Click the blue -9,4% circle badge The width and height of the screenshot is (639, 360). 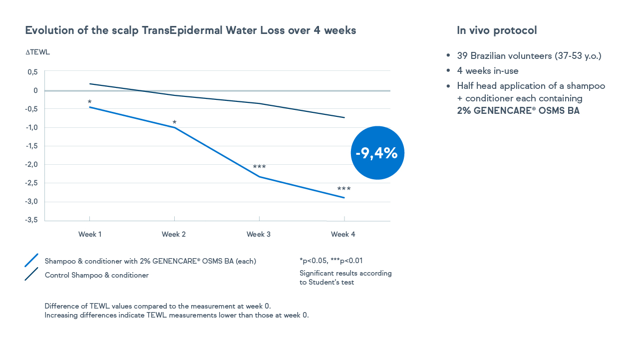(377, 153)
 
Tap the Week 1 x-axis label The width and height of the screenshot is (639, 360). (90, 234)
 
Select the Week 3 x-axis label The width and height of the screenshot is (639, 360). (259, 234)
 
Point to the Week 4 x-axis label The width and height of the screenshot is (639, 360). (343, 234)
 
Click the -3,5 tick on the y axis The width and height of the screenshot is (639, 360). (32, 220)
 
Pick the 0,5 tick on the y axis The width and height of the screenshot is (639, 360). (33, 72)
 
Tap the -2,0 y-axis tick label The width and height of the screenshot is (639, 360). (32, 164)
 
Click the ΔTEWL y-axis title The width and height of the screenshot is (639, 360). (37, 52)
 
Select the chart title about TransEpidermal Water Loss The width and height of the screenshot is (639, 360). (191, 30)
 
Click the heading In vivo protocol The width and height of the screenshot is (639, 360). (497, 30)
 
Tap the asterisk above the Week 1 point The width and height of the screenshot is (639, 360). (89, 102)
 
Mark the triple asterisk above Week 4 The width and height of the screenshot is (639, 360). (344, 189)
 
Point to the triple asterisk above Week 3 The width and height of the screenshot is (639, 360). (259, 167)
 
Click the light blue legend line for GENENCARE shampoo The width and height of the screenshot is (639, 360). (31, 260)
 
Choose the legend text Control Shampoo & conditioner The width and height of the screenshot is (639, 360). (97, 275)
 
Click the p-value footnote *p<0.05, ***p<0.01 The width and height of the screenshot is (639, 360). (331, 261)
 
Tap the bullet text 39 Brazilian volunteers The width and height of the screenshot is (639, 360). (529, 55)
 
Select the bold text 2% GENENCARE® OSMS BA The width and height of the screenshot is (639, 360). (518, 111)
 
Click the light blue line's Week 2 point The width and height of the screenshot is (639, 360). (175, 127)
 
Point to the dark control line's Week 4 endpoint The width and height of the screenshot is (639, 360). (344, 117)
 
